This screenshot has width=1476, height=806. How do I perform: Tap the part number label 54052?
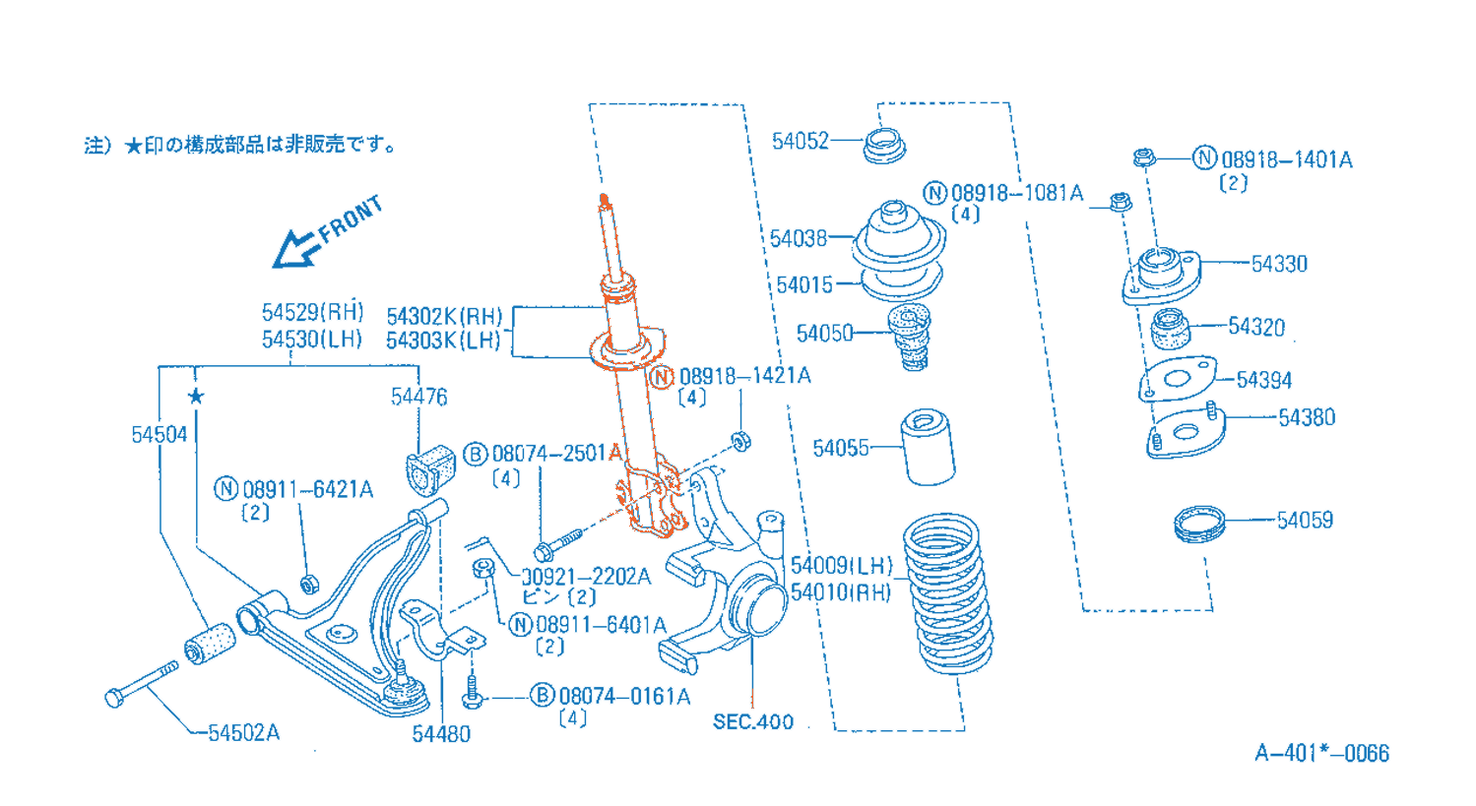pyautogui.click(x=800, y=142)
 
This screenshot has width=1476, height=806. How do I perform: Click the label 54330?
pyautogui.click(x=1279, y=264)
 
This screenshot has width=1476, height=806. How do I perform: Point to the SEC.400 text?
pyautogui.click(x=752, y=721)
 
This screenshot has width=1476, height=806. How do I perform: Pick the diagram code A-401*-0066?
pyautogui.click(x=1321, y=754)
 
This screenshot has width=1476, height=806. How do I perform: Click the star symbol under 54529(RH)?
pyautogui.click(x=196, y=396)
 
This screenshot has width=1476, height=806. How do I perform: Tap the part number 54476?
pyautogui.click(x=418, y=397)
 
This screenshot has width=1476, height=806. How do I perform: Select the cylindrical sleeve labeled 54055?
pyautogui.click(x=928, y=448)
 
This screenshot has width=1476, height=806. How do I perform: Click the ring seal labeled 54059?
pyautogui.click(x=1199, y=523)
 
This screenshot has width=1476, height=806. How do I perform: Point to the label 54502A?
pyautogui.click(x=243, y=733)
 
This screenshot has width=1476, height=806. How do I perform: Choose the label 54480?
pyautogui.click(x=440, y=734)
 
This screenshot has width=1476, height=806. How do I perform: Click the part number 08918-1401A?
pyautogui.click(x=1286, y=159)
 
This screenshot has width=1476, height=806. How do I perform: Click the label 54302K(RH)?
pyautogui.click(x=444, y=317)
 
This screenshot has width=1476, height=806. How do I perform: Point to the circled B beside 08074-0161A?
pyautogui.click(x=542, y=696)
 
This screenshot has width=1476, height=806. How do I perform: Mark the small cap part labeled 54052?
pyautogui.click(x=883, y=146)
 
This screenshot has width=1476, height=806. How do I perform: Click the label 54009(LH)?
pyautogui.click(x=841, y=566)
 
